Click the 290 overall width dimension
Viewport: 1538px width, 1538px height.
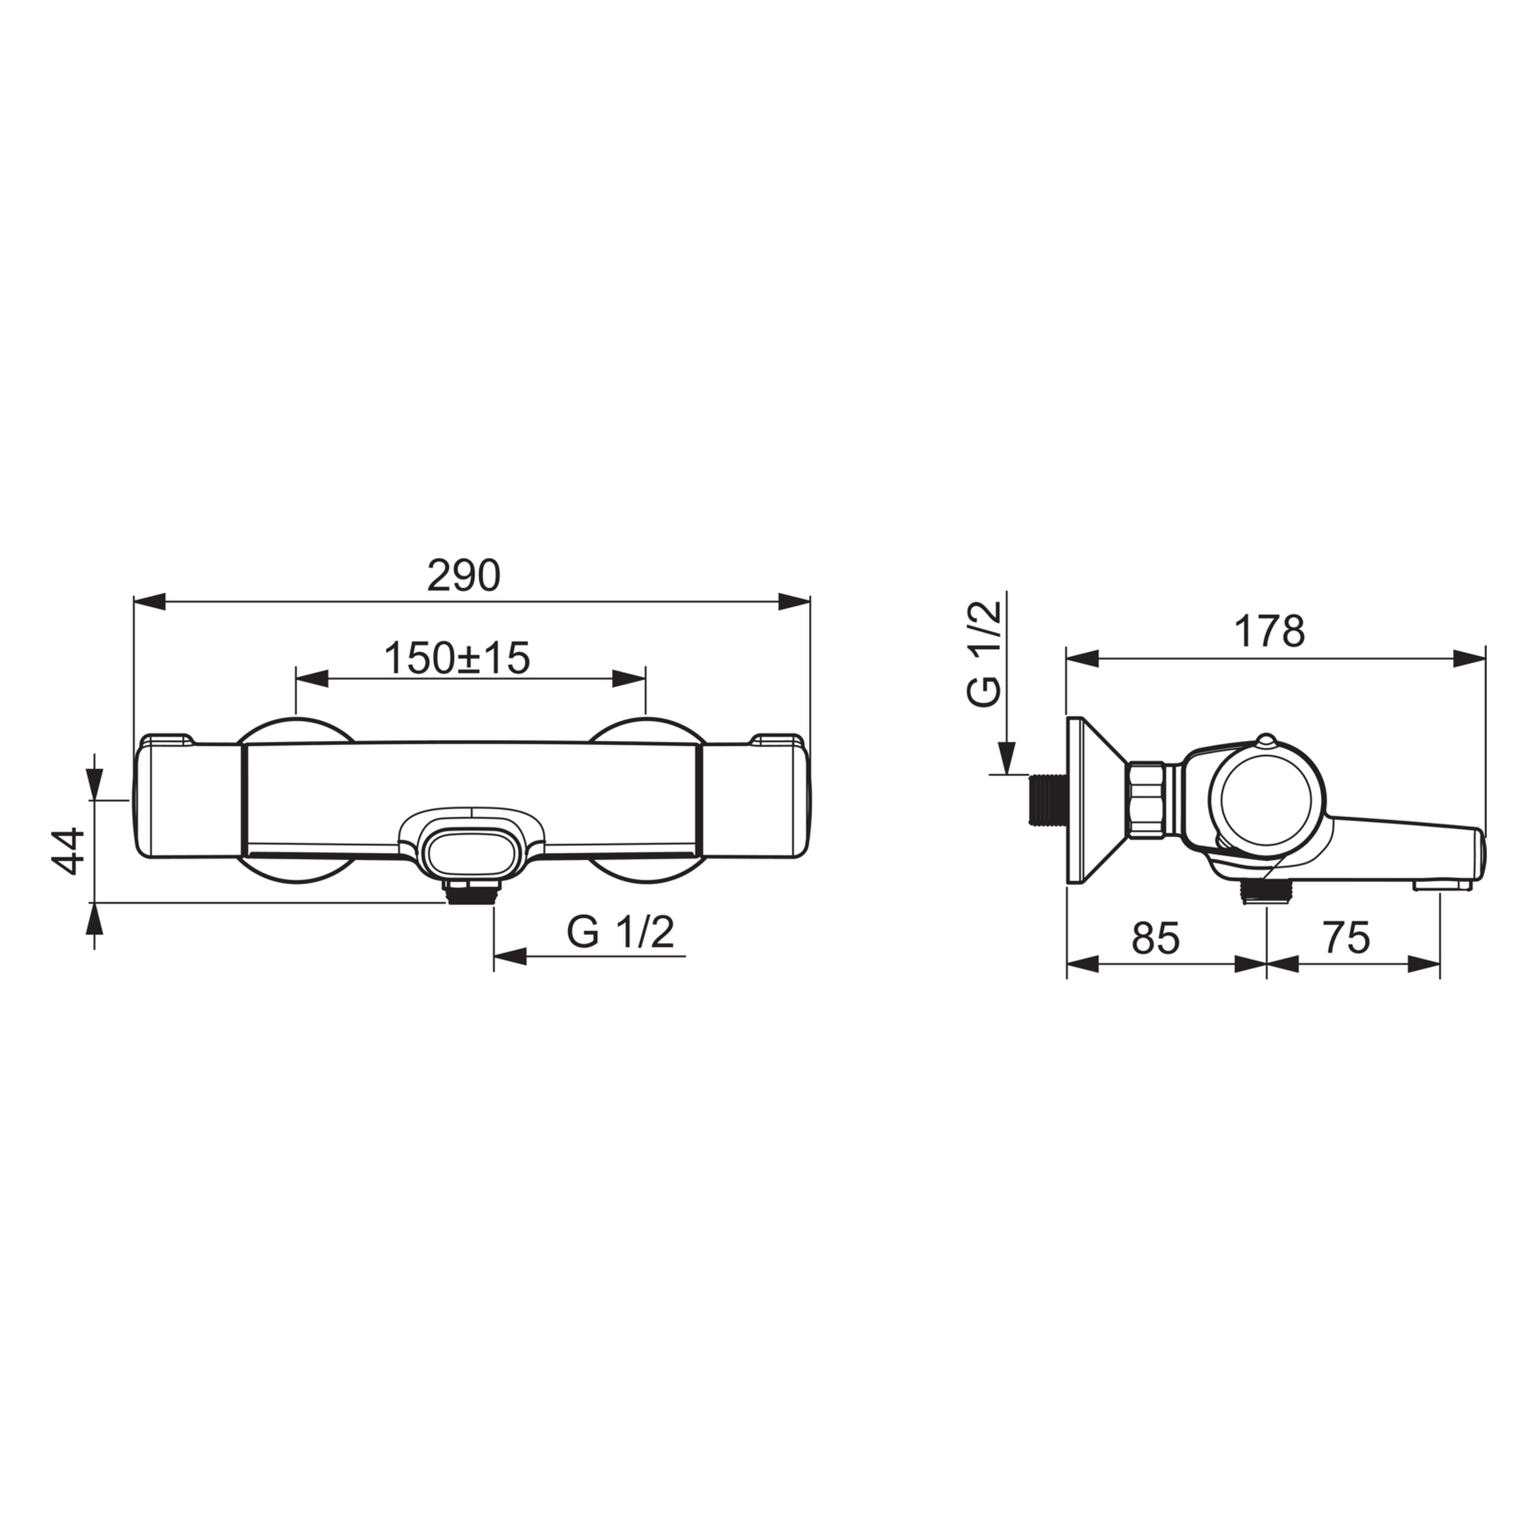[x=463, y=575]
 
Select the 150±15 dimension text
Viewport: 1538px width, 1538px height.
[x=457, y=658]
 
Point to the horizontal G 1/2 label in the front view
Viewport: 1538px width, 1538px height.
[x=621, y=932]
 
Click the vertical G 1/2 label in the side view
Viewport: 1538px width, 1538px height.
[x=984, y=654]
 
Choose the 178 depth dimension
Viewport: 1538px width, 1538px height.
[x=1270, y=631]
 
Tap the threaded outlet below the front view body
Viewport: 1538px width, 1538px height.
[x=473, y=891]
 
